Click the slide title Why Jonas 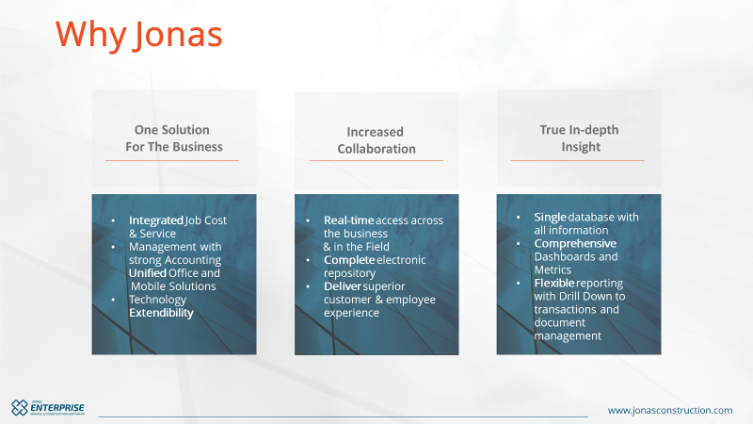138,35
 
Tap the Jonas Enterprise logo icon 20,408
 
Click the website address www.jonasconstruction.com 670,411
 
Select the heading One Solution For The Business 174,138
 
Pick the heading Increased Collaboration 376,140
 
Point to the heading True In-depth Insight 579,138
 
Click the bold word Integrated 156,220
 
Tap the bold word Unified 148,273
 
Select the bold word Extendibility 161,313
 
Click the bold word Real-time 348,220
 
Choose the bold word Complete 349,260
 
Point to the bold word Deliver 343,286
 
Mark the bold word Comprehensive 575,244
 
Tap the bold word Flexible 554,284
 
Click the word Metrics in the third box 553,270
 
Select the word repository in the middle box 349,273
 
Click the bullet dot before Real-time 308,220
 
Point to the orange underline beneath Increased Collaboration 376,160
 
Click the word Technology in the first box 157,300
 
